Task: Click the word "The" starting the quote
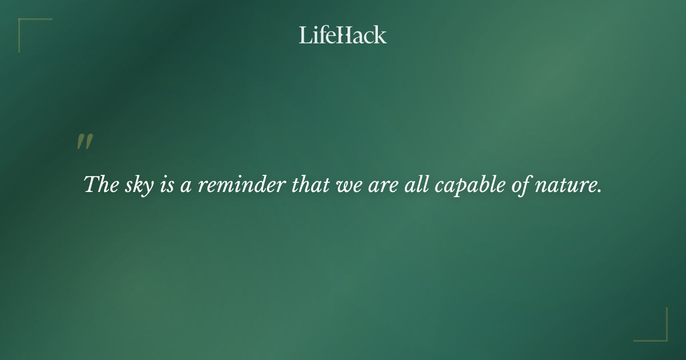pos(98,185)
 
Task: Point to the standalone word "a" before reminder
pos(186,186)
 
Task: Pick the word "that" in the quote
pos(308,185)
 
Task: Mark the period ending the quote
pos(599,191)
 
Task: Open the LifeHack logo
pos(343,35)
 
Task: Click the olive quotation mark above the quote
pos(85,142)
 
